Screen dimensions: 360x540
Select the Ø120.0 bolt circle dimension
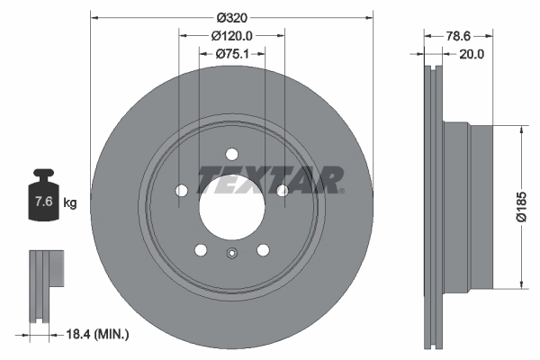coord(231,35)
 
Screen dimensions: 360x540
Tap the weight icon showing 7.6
coord(43,201)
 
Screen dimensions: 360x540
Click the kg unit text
coord(69,202)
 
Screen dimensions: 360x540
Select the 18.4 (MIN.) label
coord(97,334)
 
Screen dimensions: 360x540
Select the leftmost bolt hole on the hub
coord(181,190)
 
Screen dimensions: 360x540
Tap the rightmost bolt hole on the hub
coord(283,190)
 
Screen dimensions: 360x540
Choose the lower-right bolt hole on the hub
coord(264,251)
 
